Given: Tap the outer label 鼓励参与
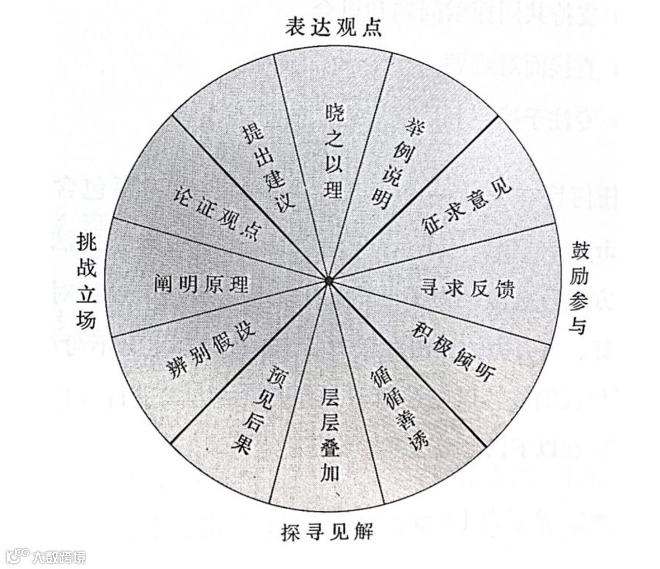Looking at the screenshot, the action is click(578, 288).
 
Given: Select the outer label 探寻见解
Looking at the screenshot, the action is click(327, 532).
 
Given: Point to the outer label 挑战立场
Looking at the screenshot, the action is click(86, 281).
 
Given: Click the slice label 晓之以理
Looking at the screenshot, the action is click(334, 151).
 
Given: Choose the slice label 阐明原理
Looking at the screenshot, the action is click(201, 284).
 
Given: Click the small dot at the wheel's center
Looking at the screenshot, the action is click(329, 281).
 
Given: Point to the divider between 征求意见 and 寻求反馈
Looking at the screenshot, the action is click(445, 251).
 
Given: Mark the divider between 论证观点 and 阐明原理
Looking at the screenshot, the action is click(219, 248).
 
